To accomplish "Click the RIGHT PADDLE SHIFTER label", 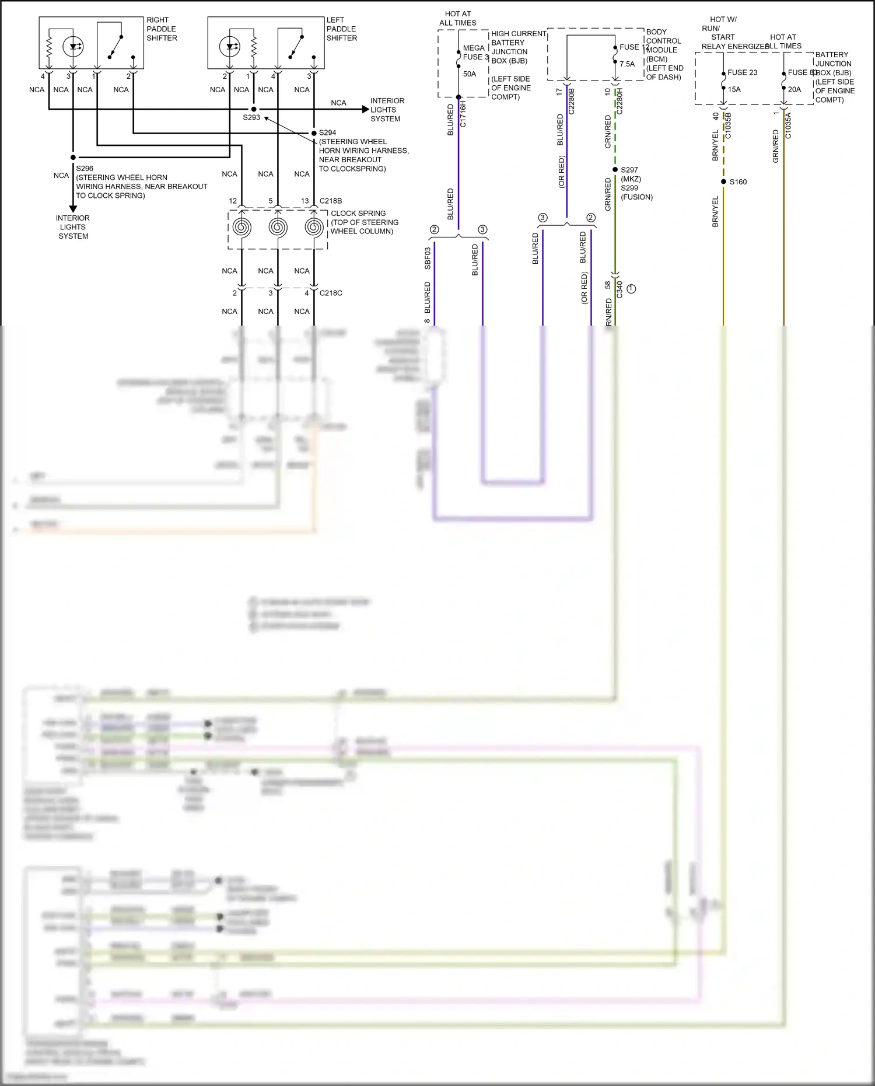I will pyautogui.click(x=162, y=29).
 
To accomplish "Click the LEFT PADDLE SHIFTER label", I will pyautogui.click(x=342, y=29).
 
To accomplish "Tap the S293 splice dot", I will pyautogui.click(x=254, y=109).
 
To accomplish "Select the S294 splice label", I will pyautogui.click(x=327, y=132).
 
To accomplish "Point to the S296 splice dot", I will pyautogui.click(x=73, y=158).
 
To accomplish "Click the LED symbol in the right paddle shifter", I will pyautogui.click(x=73, y=46).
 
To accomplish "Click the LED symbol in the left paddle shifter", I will pyautogui.click(x=230, y=46).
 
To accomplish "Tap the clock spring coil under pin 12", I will pyautogui.click(x=242, y=227).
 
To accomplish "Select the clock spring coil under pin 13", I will pyautogui.click(x=314, y=227).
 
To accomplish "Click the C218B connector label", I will pyautogui.click(x=331, y=201).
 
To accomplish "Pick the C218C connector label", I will pyautogui.click(x=331, y=293).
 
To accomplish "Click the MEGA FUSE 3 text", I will pyautogui.click(x=475, y=53).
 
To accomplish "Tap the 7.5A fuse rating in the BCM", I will pyautogui.click(x=627, y=64).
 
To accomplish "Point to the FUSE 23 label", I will pyautogui.click(x=742, y=72).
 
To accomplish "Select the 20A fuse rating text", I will pyautogui.click(x=794, y=89).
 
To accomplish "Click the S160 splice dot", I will pyautogui.click(x=724, y=181).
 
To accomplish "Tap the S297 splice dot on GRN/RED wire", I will pyautogui.click(x=615, y=170).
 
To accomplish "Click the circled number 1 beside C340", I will pyautogui.click(x=631, y=289).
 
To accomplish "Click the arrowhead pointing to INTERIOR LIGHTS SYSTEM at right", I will pyautogui.click(x=365, y=109).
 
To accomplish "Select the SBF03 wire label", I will pyautogui.click(x=428, y=258).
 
